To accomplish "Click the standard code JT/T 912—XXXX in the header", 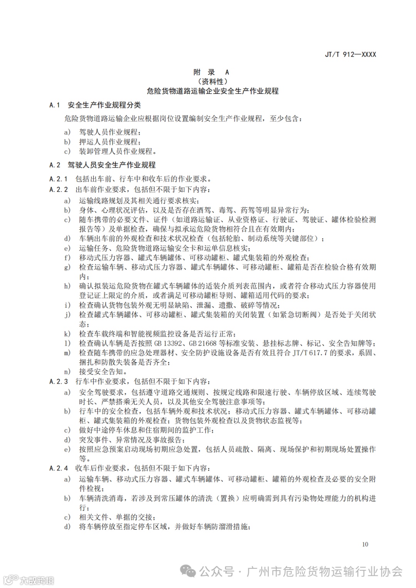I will click(x=350, y=54).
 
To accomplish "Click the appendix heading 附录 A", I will click(x=211, y=72).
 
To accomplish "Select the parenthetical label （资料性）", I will click(x=212, y=81).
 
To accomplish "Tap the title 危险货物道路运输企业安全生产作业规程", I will click(x=212, y=91).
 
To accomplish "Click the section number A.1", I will click(x=55, y=105).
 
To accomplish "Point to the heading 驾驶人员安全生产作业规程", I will click(x=112, y=165).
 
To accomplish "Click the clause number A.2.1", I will click(x=59, y=179).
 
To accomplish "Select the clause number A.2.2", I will click(x=59, y=189).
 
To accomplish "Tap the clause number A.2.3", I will click(x=59, y=381).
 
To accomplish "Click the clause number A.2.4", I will click(x=59, y=468).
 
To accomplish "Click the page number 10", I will click(x=365, y=544).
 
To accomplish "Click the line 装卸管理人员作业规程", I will click(x=117, y=152).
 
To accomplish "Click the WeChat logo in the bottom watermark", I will click(x=189, y=571).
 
